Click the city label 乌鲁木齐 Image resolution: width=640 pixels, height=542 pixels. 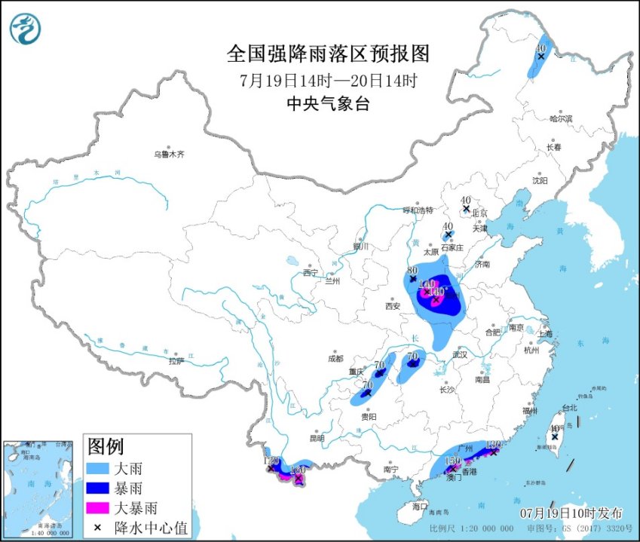coord(169,154)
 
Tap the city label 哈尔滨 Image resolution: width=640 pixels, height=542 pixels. coord(561,118)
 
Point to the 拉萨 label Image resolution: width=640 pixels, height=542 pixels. coord(176,361)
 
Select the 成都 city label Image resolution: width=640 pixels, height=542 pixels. coord(335,358)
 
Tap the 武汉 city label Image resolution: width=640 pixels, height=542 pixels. coord(460,354)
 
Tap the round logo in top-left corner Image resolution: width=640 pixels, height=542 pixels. coord(26,29)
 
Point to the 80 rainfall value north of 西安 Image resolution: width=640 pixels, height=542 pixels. coord(412,270)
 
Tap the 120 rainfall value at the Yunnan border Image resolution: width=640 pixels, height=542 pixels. coord(271,461)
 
